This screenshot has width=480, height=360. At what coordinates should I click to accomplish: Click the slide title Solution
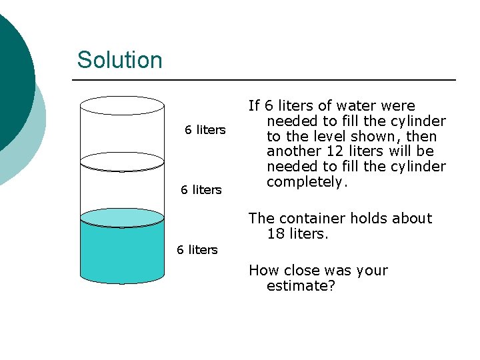(x=119, y=60)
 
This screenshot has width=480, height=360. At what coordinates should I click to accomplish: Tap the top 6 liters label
(x=205, y=130)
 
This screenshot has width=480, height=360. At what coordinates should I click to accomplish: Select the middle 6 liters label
(x=201, y=190)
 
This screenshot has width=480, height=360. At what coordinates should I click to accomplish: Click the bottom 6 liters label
(x=197, y=250)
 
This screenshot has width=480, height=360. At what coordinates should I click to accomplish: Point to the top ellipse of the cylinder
(x=122, y=105)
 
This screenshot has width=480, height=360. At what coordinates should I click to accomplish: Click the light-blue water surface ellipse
(x=122, y=217)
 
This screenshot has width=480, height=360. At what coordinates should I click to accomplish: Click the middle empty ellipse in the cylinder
(x=122, y=161)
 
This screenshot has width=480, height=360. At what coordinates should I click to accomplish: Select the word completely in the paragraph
(x=306, y=181)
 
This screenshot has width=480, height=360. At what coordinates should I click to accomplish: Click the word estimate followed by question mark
(x=300, y=286)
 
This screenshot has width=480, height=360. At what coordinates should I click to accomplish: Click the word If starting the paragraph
(x=254, y=106)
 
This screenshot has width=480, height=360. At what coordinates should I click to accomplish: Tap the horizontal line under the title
(x=263, y=80)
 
